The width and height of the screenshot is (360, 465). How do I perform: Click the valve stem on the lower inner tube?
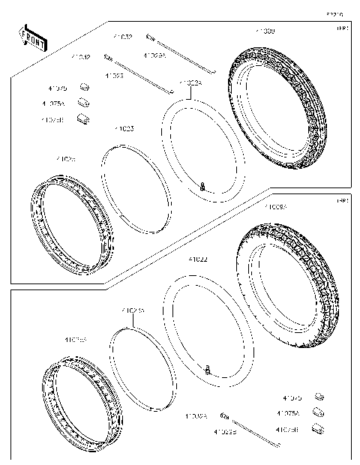208,368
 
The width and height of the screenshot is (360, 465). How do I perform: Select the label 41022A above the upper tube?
190,83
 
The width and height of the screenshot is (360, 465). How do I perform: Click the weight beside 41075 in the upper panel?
84,89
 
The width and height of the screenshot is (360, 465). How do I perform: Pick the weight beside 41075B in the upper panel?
85,118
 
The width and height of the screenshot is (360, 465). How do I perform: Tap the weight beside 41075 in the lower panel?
318,397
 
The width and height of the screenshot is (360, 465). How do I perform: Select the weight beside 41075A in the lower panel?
318,412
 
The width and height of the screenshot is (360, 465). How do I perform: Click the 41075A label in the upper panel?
53,103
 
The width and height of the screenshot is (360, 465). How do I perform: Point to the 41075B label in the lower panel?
287,430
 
